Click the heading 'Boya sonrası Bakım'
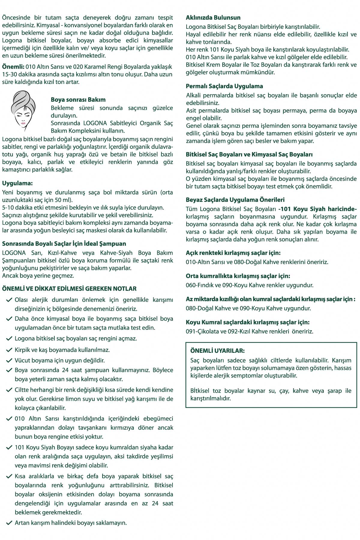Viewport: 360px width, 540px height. tap(78, 100)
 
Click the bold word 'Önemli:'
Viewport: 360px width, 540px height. tap(13, 67)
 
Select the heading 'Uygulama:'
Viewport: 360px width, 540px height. tap(17, 183)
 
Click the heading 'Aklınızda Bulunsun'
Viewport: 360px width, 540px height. tap(213, 18)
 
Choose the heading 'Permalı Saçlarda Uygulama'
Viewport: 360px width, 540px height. tap(224, 86)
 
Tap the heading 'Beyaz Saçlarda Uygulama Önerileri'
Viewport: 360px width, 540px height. tap(235, 200)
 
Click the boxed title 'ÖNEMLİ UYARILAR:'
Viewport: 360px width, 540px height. tap(217, 351)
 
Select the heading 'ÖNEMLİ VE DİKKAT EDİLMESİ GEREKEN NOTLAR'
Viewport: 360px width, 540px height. tap(69, 289)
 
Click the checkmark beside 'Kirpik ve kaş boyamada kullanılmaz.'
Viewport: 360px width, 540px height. tap(9, 350)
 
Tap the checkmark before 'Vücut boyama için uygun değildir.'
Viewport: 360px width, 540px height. tap(9, 360)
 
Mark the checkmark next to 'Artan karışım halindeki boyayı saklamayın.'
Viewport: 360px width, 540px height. tap(9, 523)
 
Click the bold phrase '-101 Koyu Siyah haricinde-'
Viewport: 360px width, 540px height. tap(317, 209)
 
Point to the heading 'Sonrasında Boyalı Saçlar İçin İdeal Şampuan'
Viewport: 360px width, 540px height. tap(64, 244)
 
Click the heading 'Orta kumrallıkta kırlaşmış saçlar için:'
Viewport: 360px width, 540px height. tap(238, 276)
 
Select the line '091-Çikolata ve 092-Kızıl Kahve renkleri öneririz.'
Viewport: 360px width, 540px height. tap(249, 331)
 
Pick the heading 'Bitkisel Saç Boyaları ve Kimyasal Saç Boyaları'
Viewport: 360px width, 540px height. tap(249, 155)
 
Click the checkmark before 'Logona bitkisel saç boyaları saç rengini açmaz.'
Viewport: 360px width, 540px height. tap(9, 338)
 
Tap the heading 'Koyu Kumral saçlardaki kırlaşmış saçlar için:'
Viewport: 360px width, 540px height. tap(247, 322)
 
